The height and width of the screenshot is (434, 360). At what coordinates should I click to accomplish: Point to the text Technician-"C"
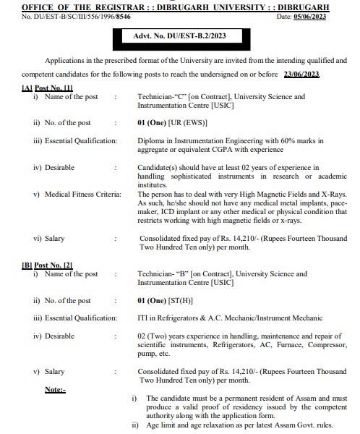[160, 97]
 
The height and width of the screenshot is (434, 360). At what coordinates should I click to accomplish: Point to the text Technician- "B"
[161, 275]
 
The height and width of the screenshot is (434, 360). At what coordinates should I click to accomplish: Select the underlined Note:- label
[55, 390]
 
